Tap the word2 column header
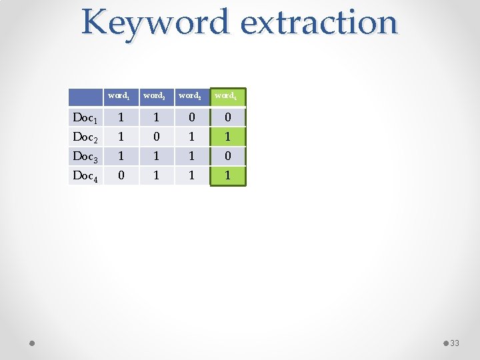[x=155, y=96]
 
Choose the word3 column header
[x=191, y=96]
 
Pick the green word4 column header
[x=227, y=96]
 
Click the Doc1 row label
[x=85, y=118]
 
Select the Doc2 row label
[x=85, y=137]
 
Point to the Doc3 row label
[x=85, y=157]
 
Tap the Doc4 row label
[x=85, y=176]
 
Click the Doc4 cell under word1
[x=120, y=176]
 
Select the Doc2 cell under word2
[x=156, y=137]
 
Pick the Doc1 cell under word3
[x=192, y=118]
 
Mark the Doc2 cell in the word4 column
[x=228, y=137]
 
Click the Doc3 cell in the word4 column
[x=228, y=157]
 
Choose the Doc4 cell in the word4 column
[x=228, y=176]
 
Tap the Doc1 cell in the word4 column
[x=228, y=118]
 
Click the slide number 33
[x=455, y=343]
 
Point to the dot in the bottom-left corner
[x=32, y=343]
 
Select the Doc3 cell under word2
[x=156, y=157]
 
